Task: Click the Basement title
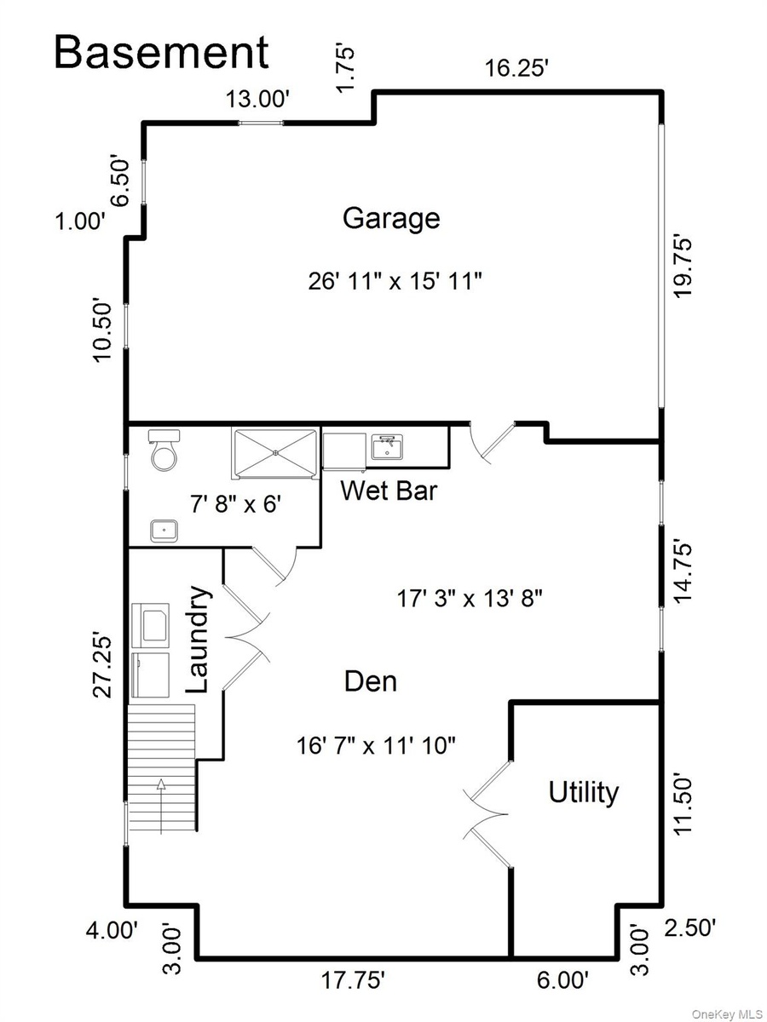[162, 52]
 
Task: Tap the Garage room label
[391, 218]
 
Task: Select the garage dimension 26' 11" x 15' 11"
[395, 281]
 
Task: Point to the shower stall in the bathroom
[275, 453]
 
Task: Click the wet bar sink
[387, 447]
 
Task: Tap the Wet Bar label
[389, 491]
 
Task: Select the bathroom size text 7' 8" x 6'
[236, 503]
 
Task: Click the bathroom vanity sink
[164, 531]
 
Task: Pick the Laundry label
[199, 640]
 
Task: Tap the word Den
[370, 681]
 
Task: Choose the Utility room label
[583, 792]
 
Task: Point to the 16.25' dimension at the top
[515, 68]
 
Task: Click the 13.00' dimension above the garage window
[258, 99]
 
